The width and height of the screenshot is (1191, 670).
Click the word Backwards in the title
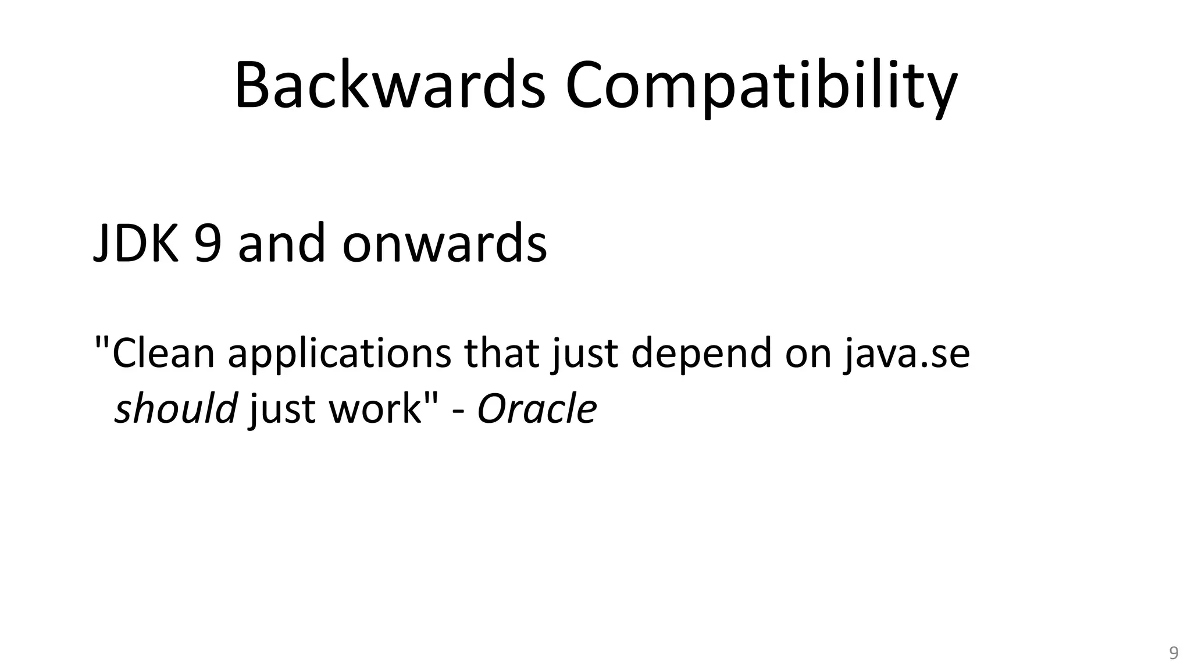point(390,86)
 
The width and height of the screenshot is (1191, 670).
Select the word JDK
point(135,243)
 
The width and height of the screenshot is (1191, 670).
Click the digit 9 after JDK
point(208,243)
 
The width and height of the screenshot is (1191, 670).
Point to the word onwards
point(444,243)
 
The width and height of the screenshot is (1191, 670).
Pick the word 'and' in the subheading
point(281,243)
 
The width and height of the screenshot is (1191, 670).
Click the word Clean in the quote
point(164,352)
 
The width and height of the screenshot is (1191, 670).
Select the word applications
point(339,354)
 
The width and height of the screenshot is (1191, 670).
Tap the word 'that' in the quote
point(501,352)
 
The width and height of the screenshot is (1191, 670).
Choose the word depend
point(701,354)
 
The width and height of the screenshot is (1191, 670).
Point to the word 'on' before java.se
point(808,354)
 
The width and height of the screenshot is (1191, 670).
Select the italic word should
point(176,408)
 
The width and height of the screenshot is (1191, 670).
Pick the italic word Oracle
point(537,408)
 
